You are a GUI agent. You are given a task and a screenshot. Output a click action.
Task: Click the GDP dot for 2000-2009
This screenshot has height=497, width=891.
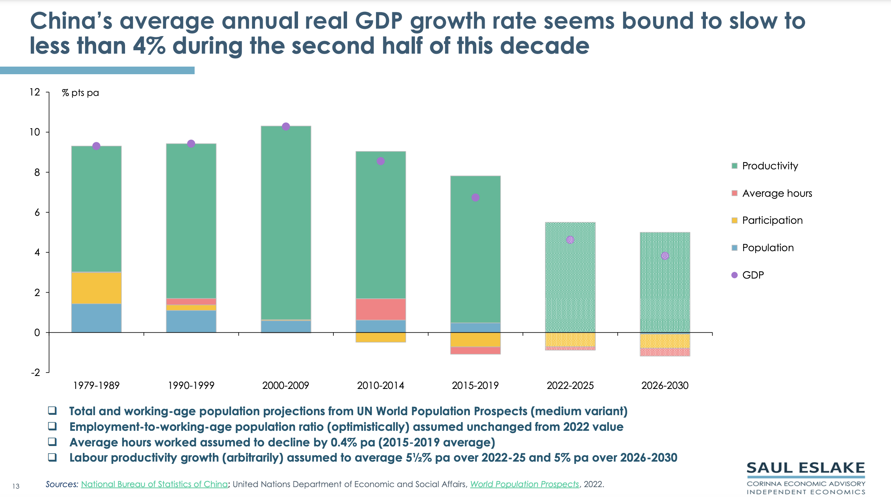click(x=286, y=126)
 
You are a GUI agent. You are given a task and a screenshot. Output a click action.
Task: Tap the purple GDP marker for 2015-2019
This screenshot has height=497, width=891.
click(x=475, y=198)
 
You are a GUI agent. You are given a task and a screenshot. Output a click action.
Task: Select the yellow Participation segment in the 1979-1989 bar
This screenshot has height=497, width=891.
click(x=96, y=288)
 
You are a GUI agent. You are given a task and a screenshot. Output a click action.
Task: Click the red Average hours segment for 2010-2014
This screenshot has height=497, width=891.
click(x=380, y=309)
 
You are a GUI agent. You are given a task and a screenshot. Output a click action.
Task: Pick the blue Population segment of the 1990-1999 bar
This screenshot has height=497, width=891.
click(x=191, y=322)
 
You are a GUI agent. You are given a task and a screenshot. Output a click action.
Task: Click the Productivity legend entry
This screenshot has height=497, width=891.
click(x=770, y=166)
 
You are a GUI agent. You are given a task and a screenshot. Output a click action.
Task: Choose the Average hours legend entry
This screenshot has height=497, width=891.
click(x=777, y=193)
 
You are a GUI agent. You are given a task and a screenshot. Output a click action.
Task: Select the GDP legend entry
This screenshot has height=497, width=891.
click(x=753, y=275)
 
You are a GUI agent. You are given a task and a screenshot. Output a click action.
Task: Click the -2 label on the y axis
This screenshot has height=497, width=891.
click(x=35, y=373)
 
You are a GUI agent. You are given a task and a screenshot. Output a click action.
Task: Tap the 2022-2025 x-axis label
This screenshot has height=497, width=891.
click(x=570, y=385)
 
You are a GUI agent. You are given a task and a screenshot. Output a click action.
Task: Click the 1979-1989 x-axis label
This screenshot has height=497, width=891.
click(x=96, y=385)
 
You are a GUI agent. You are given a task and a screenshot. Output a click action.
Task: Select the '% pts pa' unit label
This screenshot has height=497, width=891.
click(x=80, y=93)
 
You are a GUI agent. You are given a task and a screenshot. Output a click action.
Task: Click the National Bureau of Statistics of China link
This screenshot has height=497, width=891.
click(x=154, y=484)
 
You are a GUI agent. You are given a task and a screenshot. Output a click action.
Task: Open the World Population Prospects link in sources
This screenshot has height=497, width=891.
click(x=524, y=484)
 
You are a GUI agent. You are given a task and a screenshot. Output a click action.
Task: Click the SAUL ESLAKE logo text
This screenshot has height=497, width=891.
click(x=805, y=468)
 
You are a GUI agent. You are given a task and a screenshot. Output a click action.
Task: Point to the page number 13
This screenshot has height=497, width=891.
click(x=16, y=486)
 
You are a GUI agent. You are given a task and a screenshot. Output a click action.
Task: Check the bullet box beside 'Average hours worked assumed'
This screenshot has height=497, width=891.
click(x=52, y=442)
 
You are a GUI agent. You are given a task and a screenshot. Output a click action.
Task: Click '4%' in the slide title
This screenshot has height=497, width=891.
click(x=149, y=46)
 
